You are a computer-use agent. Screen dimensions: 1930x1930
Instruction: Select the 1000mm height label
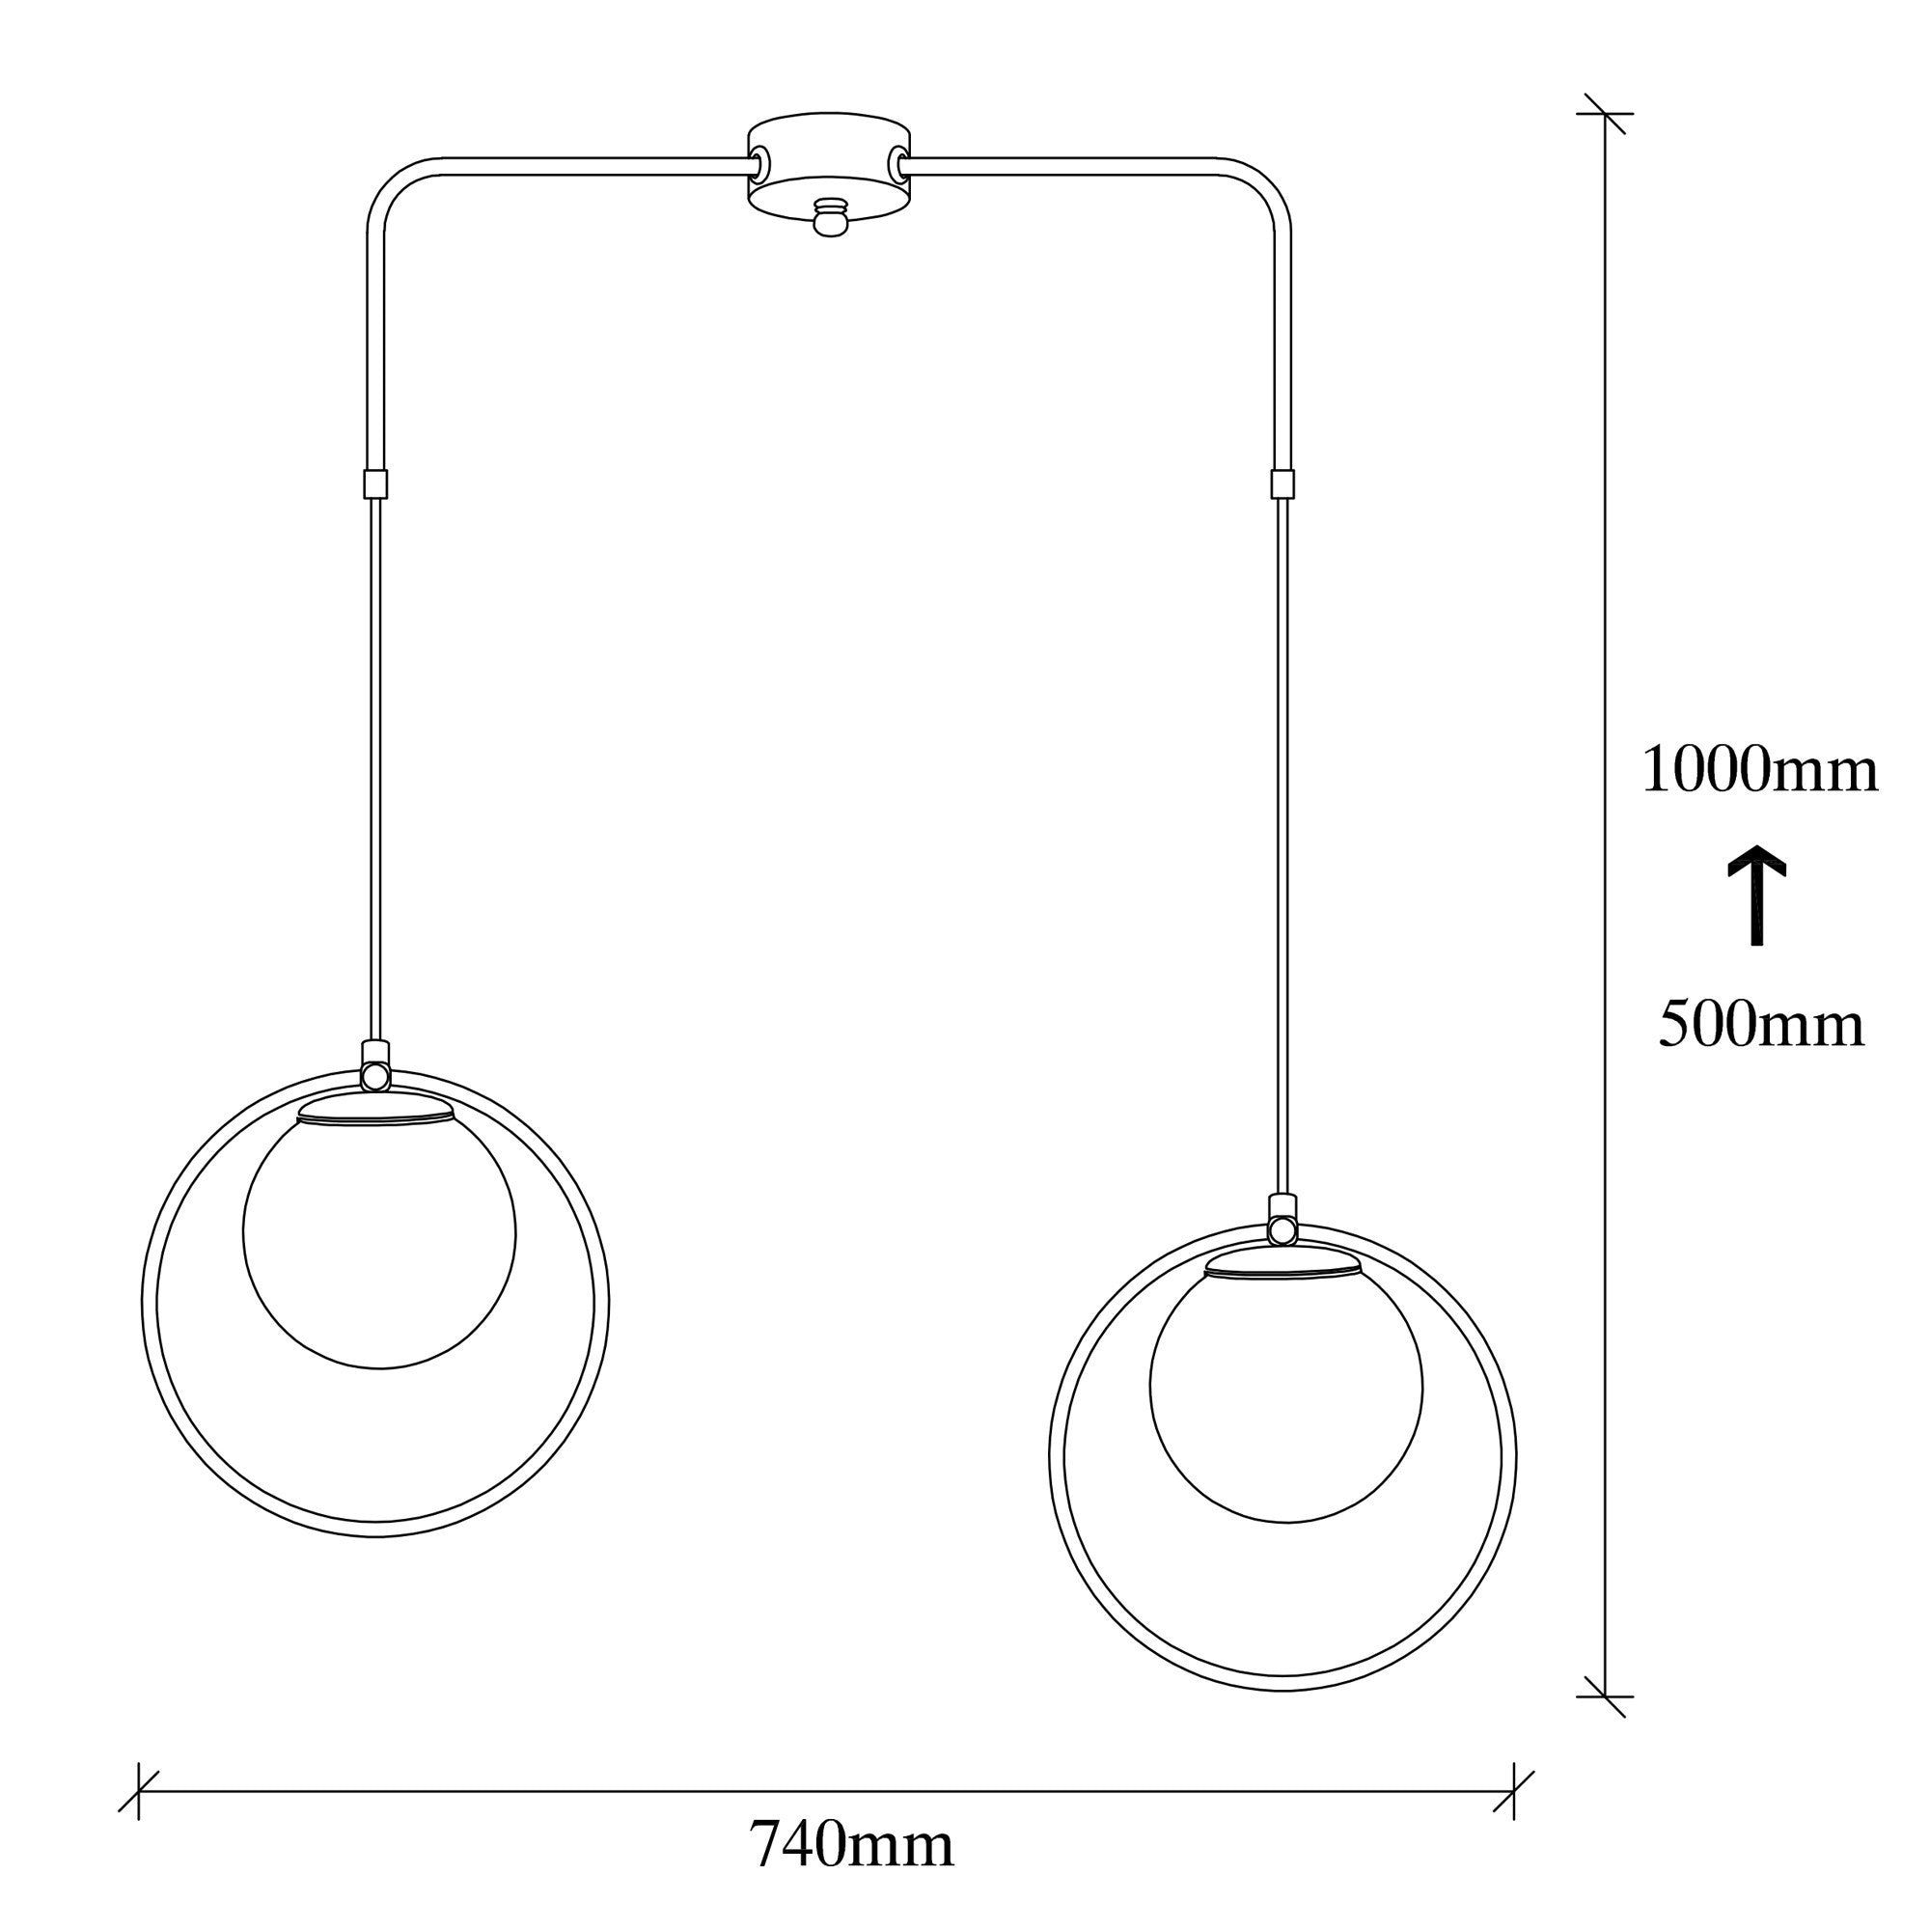pos(1759,771)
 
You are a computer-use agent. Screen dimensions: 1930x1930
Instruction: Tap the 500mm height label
pos(1761,1025)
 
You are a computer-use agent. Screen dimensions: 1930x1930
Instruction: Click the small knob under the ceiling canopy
pos(828,218)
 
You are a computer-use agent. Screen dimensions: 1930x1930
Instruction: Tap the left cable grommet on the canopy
pos(761,161)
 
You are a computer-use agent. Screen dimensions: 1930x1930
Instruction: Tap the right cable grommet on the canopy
pos(899,161)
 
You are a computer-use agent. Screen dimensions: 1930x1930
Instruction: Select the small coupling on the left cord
pos(374,483)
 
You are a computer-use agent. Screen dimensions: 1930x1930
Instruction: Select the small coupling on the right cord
pos(1282,483)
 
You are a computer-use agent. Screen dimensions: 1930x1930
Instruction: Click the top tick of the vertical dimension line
pos(1605,114)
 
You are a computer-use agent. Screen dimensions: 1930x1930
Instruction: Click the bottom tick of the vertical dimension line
pos(1605,1697)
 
